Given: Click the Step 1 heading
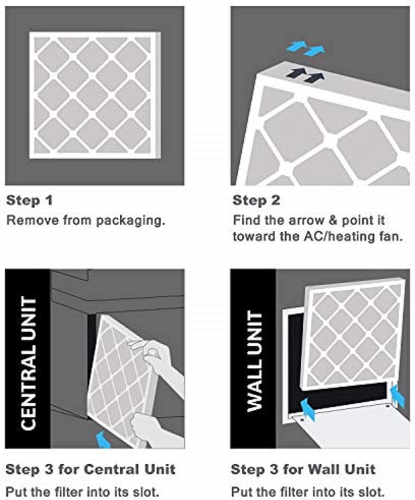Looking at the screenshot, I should pyautogui.click(x=29, y=200).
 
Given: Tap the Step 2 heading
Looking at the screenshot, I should pyautogui.click(x=256, y=200).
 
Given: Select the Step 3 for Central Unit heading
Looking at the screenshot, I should pyautogui.click(x=91, y=469).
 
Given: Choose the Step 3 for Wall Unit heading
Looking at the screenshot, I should pyautogui.click(x=303, y=469).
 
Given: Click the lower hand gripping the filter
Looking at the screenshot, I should pyautogui.click(x=149, y=429).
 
